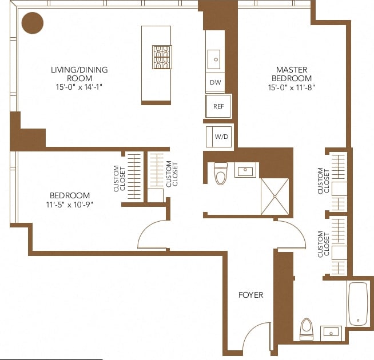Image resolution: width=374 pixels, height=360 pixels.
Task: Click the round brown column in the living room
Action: [x=32, y=23]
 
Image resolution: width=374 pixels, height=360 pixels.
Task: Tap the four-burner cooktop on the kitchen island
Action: [x=162, y=57]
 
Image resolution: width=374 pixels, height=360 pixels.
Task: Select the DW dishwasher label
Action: [x=215, y=82]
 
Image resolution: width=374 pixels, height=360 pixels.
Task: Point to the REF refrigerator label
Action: [x=218, y=106]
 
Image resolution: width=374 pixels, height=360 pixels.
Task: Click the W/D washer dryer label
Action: [x=221, y=137]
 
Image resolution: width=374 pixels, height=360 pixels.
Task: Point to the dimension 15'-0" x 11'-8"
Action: [x=292, y=87]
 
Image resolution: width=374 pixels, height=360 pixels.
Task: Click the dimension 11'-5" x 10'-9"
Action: [x=69, y=204]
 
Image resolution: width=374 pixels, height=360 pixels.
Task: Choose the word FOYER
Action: [x=250, y=295]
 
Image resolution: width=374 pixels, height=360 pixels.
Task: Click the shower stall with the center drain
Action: [x=275, y=196]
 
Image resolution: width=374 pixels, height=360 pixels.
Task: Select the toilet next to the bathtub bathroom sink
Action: [x=307, y=329]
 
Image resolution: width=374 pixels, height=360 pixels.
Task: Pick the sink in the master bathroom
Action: [x=331, y=332]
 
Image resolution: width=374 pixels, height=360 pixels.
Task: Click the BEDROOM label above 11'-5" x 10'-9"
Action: [x=69, y=195]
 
